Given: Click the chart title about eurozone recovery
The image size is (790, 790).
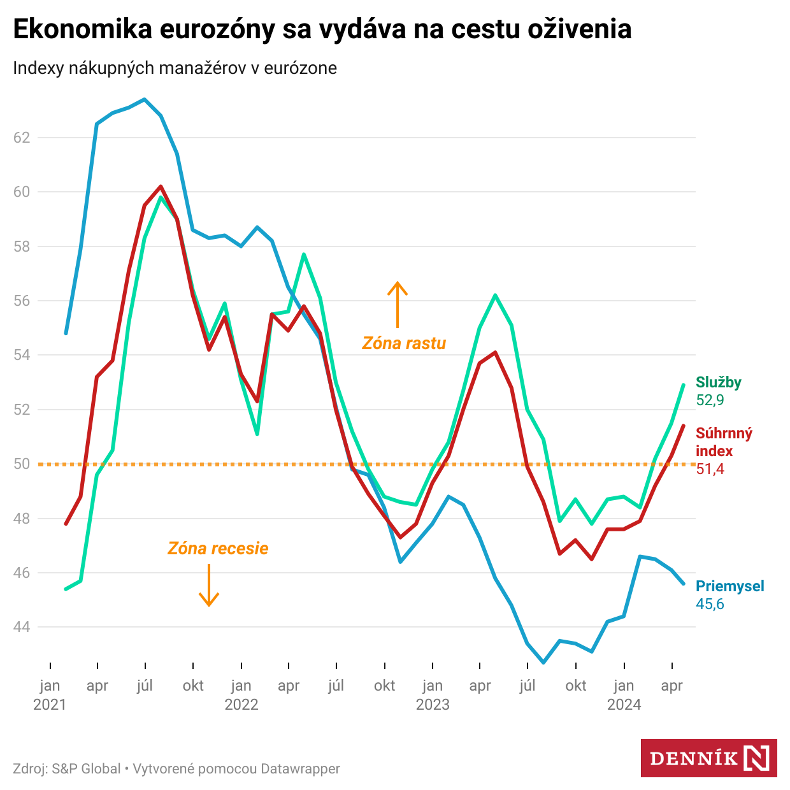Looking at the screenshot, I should tap(322, 29).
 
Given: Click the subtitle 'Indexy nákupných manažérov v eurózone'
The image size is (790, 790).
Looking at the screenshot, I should tap(175, 68).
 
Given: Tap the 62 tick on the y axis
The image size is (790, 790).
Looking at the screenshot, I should tap(22, 137).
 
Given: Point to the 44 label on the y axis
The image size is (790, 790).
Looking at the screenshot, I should tap(22, 627).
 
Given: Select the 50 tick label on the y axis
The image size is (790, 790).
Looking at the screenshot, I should tap(22, 464).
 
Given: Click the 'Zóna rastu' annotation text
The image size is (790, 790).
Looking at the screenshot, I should tap(404, 343).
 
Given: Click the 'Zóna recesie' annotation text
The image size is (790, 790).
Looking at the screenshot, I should tap(218, 549).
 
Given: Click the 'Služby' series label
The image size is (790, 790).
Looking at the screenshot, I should tap(718, 382).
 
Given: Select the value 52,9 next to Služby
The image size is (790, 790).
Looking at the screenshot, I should tap(710, 400).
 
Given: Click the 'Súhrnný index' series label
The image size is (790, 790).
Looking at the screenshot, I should tap(724, 442).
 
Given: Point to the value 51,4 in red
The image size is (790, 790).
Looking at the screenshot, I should tap(710, 469).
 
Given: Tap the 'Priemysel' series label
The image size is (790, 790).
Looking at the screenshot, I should tap(729, 586).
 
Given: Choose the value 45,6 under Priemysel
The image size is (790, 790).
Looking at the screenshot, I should tap(710, 604).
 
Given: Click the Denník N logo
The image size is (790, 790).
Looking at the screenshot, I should tap(708, 758).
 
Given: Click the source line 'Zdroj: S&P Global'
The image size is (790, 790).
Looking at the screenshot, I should tap(67, 769).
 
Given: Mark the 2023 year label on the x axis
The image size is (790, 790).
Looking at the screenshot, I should tap(433, 705).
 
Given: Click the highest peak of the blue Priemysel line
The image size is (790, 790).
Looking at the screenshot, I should tap(145, 99).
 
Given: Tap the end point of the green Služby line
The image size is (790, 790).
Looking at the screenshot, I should tap(684, 385).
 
